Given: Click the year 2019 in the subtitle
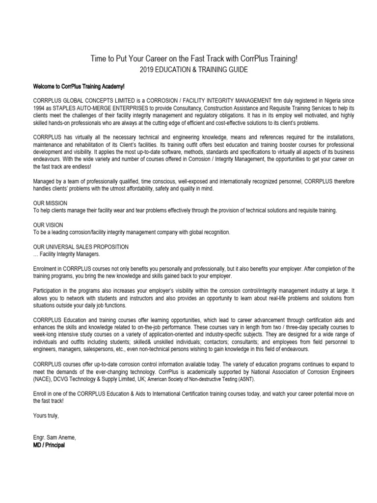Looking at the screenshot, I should click(147, 70).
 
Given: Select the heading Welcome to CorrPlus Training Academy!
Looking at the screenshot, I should click(79, 86).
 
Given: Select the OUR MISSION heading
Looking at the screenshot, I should click(50, 203).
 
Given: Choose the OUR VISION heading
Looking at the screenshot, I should click(48, 224).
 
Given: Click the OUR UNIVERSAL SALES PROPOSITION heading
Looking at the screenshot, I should click(81, 247).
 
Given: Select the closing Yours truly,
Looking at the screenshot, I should click(46, 416).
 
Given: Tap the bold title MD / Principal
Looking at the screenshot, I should click(49, 446).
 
